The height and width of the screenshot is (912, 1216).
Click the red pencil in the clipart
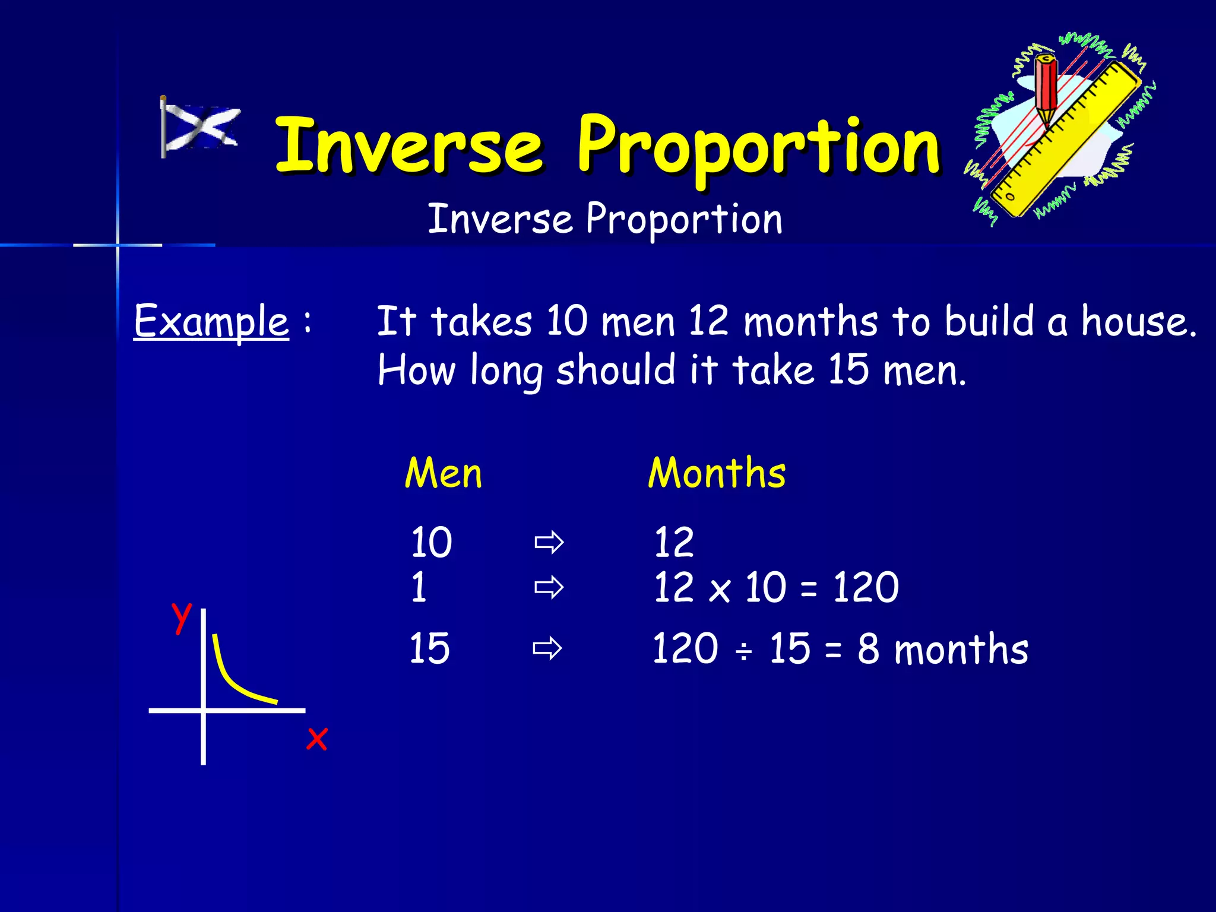[x=1046, y=89]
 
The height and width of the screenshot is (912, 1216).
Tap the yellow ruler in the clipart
[x=1069, y=140]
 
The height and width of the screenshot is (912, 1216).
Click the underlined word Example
[x=211, y=321]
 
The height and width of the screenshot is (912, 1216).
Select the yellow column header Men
[x=443, y=474]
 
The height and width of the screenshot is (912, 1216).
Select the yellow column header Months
[x=717, y=474]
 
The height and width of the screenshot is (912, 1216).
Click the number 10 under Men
[x=431, y=542]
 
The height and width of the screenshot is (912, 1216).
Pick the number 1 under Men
[x=419, y=588]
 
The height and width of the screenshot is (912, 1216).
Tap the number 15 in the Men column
[x=429, y=648]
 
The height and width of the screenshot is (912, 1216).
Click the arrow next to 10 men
[x=549, y=542]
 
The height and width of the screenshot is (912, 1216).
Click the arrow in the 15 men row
[x=547, y=648]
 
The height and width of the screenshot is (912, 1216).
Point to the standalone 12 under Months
[x=673, y=542]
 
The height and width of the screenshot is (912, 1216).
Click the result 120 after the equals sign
[x=866, y=588]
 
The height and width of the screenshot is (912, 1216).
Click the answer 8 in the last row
[x=868, y=648]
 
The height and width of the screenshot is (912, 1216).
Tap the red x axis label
[x=316, y=739]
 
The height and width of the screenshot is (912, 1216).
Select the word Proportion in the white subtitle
[x=684, y=219]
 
